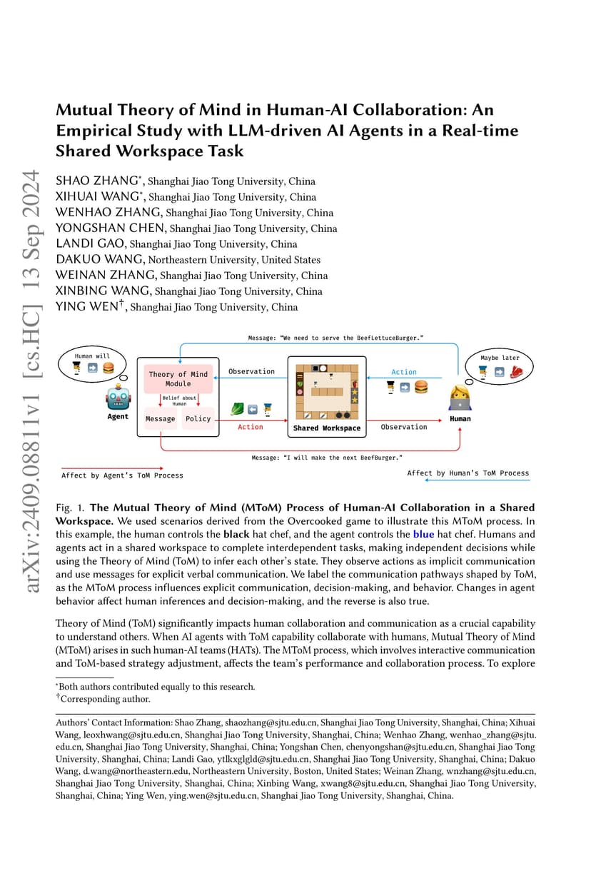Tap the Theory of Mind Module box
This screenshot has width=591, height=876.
pyautogui.click(x=178, y=379)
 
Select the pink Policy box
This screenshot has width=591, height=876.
pyautogui.click(x=198, y=418)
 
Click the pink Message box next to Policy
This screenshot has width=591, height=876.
pyautogui.click(x=161, y=418)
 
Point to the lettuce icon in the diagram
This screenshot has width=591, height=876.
pyautogui.click(x=237, y=409)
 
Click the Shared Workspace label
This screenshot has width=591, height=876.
pyautogui.click(x=327, y=428)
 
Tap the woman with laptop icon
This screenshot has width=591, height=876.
pyautogui.click(x=460, y=398)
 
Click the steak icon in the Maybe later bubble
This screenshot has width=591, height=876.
pyautogui.click(x=517, y=371)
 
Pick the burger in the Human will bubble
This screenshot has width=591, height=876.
pyautogui.click(x=108, y=368)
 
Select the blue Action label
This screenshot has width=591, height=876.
pyautogui.click(x=404, y=372)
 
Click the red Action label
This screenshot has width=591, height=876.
pyautogui.click(x=250, y=427)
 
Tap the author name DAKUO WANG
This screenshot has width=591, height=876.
pyautogui.click(x=100, y=259)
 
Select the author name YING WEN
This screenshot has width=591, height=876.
pyautogui.click(x=87, y=306)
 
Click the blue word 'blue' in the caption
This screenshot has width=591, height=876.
pyautogui.click(x=423, y=534)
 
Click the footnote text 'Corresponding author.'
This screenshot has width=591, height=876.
pyautogui.click(x=105, y=699)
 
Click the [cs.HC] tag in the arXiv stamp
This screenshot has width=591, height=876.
pyautogui.click(x=31, y=341)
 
